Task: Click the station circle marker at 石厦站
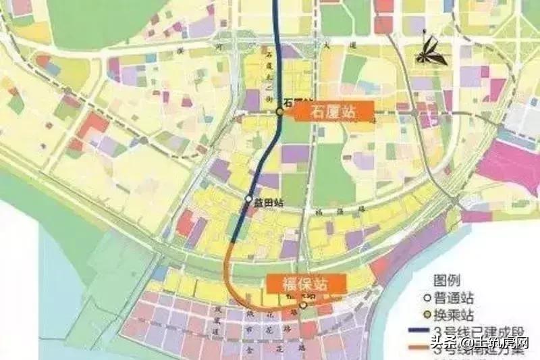(x=279, y=112)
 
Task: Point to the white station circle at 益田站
(x=248, y=200)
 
